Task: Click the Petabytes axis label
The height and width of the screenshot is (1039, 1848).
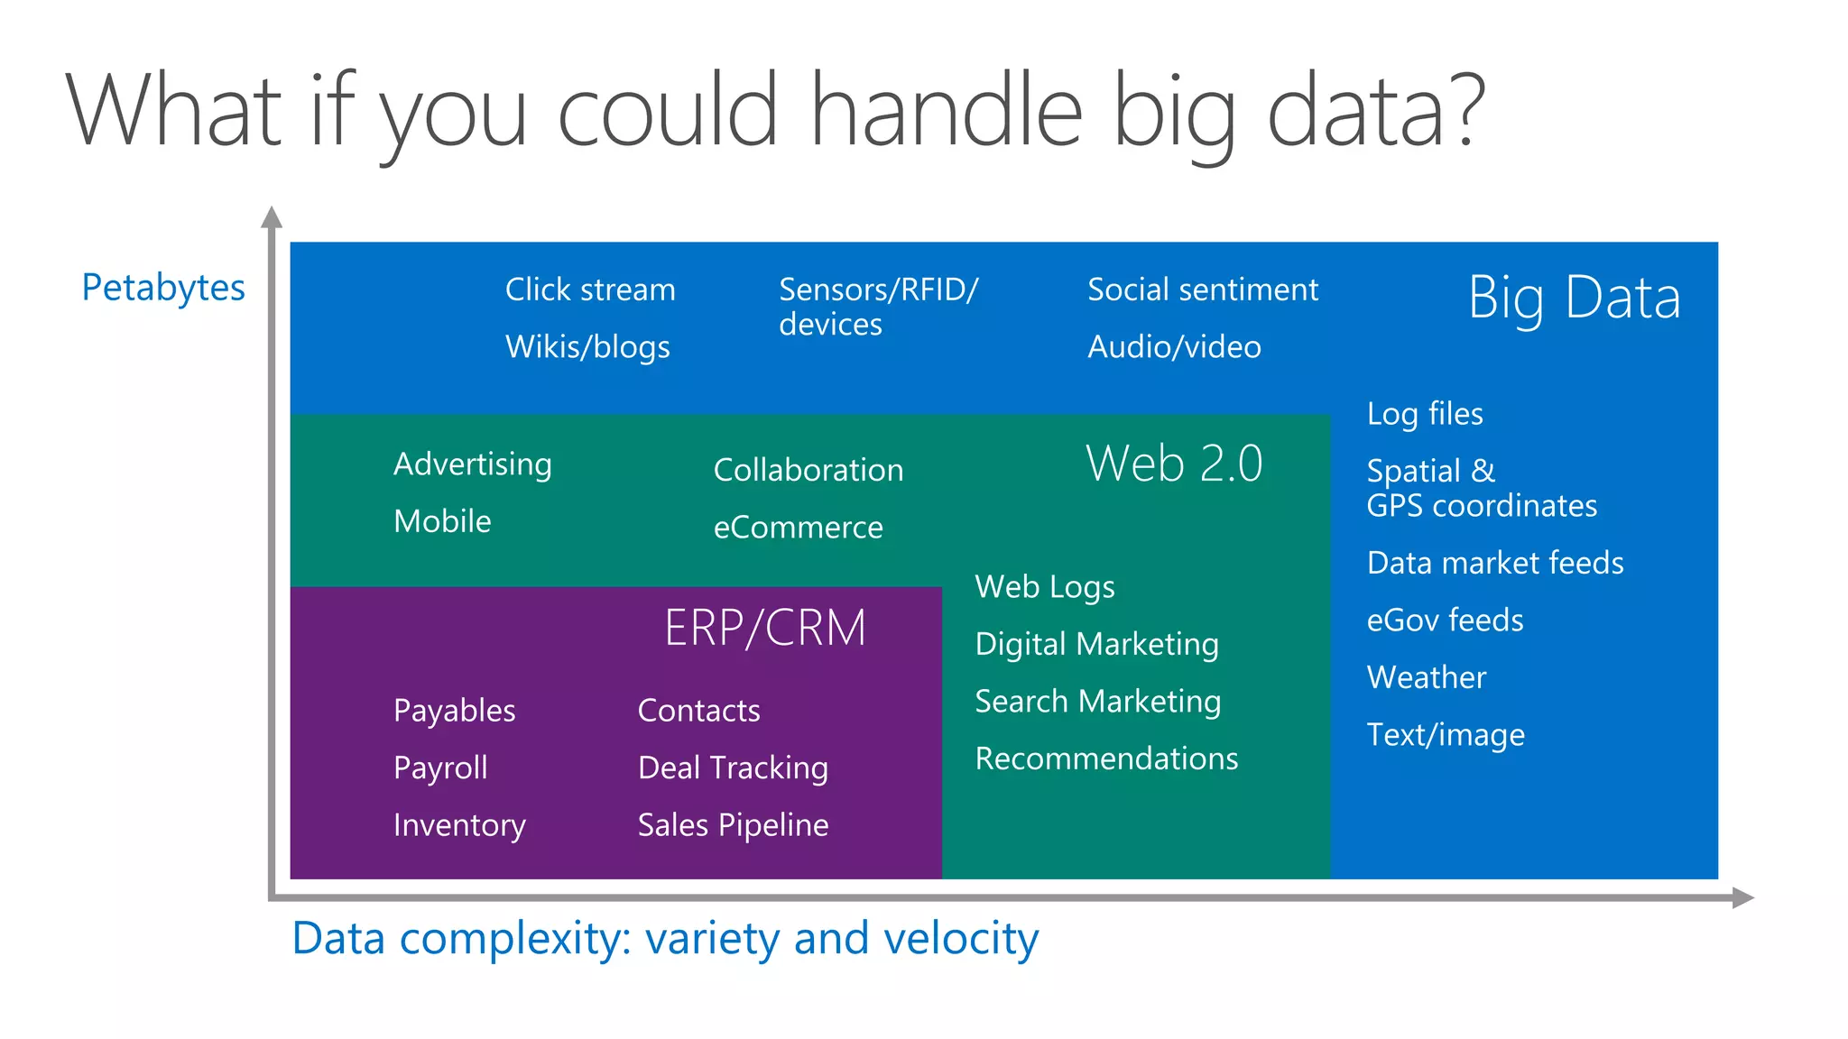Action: pyautogui.click(x=163, y=289)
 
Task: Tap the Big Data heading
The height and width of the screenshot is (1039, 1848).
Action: pyautogui.click(x=1574, y=298)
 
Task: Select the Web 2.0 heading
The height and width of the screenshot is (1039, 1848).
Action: pyautogui.click(x=1174, y=464)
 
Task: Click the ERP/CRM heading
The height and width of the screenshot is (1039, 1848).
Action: pyautogui.click(x=765, y=629)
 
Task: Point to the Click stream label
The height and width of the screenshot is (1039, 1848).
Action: pyautogui.click(x=590, y=290)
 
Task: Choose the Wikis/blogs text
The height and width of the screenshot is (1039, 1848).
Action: pyautogui.click(x=587, y=347)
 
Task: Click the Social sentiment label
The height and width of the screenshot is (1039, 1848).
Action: pyautogui.click(x=1203, y=290)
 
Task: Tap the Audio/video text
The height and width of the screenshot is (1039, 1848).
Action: pyautogui.click(x=1174, y=347)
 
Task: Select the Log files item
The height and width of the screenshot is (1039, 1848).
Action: pyautogui.click(x=1425, y=414)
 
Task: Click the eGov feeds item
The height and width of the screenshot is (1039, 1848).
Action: pyautogui.click(x=1445, y=621)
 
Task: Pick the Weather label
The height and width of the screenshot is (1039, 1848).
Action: pyautogui.click(x=1427, y=677)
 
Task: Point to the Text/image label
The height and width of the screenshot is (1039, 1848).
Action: pyautogui.click(x=1446, y=735)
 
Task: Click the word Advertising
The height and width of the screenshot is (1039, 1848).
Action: pyautogui.click(x=473, y=464)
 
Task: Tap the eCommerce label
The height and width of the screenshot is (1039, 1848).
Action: pyautogui.click(x=798, y=528)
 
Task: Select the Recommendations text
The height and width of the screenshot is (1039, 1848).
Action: pyautogui.click(x=1106, y=759)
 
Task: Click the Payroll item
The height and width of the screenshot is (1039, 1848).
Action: pyautogui.click(x=440, y=768)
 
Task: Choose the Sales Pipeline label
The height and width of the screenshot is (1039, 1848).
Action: pyautogui.click(x=733, y=825)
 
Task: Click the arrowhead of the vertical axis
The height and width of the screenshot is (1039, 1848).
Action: pyautogui.click(x=272, y=217)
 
